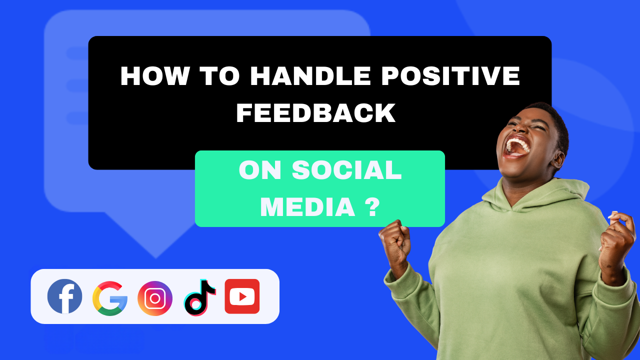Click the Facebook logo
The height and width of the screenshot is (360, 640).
click(65, 296)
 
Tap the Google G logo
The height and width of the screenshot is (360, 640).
click(110, 298)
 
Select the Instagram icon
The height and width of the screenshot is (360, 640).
click(155, 298)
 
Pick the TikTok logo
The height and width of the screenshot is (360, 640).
click(199, 297)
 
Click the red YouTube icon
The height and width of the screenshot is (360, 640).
click(242, 296)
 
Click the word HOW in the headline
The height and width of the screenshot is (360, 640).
click(154, 76)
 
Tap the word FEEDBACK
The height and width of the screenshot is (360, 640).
click(316, 113)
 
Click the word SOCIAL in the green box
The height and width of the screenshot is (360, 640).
click(347, 171)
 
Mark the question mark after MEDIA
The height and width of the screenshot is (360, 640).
click(370, 206)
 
